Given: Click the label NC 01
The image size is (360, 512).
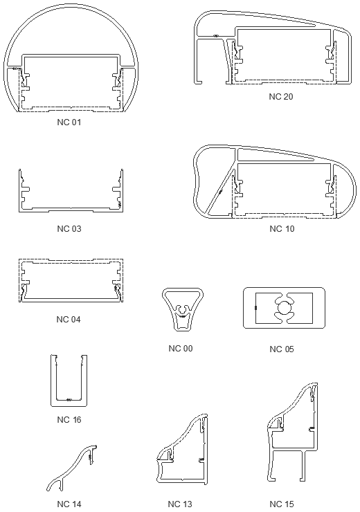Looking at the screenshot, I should tap(69, 122).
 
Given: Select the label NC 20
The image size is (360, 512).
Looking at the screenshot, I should tap(281, 96).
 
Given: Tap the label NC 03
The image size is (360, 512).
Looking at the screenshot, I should tap(69, 228).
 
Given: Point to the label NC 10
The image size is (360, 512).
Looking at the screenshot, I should tap(281, 228).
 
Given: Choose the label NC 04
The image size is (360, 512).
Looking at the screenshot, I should tap(69, 319).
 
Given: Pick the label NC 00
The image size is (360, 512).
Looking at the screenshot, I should tap(180, 348).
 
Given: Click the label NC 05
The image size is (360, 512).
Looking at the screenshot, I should tap(281, 348).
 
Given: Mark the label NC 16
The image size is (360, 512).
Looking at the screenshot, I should tap(69, 419).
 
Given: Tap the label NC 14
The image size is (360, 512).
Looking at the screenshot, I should tap(69, 503).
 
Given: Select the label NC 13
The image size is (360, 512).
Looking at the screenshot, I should tap(180, 503).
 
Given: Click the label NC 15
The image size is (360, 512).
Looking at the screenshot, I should tap(281, 503).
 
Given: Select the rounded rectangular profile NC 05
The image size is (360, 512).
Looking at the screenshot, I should tap(285, 308).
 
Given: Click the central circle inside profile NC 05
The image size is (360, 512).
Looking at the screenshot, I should tap(285, 308).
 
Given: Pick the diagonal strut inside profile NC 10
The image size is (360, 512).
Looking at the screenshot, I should tap(219, 186).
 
